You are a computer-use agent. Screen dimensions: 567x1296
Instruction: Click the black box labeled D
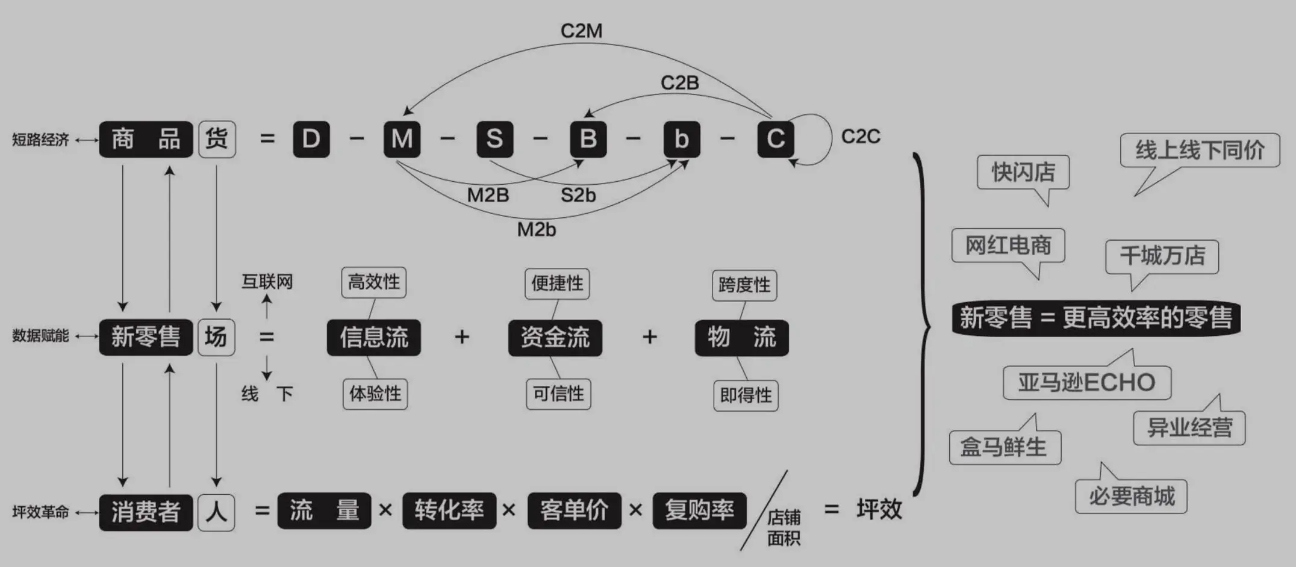tap(311, 139)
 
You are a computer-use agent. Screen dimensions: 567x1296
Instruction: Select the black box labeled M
tap(402, 139)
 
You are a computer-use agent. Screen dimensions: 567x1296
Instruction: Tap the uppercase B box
tap(588, 139)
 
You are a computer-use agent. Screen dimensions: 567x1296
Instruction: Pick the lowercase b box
tap(681, 139)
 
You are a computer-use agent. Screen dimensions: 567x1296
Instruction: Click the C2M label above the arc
tap(581, 31)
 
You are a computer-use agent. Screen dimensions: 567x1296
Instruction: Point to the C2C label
tap(860, 137)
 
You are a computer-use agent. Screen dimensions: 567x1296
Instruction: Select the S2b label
tap(578, 195)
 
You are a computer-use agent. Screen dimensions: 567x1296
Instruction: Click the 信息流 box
tap(373, 337)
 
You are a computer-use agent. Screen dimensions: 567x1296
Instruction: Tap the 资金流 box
tap(555, 337)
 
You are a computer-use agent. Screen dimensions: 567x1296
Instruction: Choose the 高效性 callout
tap(373, 282)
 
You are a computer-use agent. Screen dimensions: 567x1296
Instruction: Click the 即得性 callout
tap(746, 395)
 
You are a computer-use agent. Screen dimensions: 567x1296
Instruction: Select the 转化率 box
tap(449, 510)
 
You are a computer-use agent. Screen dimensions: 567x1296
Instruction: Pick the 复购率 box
tap(699, 510)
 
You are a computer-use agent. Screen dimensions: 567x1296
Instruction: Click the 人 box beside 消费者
tap(216, 512)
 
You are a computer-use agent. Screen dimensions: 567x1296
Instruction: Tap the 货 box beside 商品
tap(217, 139)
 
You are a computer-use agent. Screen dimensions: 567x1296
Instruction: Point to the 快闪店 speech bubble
tap(1023, 172)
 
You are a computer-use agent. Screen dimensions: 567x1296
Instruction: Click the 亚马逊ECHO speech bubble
tap(1086, 383)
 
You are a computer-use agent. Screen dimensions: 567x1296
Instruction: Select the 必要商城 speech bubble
tap(1131, 497)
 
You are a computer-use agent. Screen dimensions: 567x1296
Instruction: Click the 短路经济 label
tap(40, 140)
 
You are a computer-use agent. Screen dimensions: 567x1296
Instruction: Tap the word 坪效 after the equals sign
tap(879, 509)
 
